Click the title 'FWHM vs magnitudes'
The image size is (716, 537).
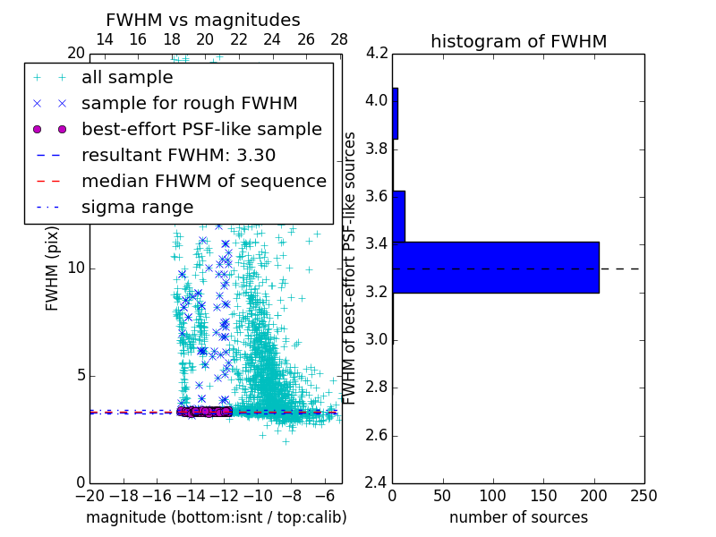click(203, 20)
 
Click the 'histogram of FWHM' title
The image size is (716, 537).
click(518, 41)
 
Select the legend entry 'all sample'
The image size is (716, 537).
click(127, 78)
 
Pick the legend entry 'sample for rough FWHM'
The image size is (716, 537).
click(189, 104)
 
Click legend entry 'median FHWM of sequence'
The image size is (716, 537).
click(203, 182)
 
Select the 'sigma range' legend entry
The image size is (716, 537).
click(137, 208)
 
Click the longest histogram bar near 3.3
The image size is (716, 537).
click(496, 267)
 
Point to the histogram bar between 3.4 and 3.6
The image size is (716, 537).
click(399, 216)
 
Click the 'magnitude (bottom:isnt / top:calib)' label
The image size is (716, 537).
click(216, 517)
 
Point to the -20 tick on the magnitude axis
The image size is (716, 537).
click(89, 496)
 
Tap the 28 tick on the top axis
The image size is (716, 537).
click(339, 39)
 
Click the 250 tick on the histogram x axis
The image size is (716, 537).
click(644, 496)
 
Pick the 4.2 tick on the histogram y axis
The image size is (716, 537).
click(377, 53)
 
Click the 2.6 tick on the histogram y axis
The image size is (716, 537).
click(377, 436)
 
